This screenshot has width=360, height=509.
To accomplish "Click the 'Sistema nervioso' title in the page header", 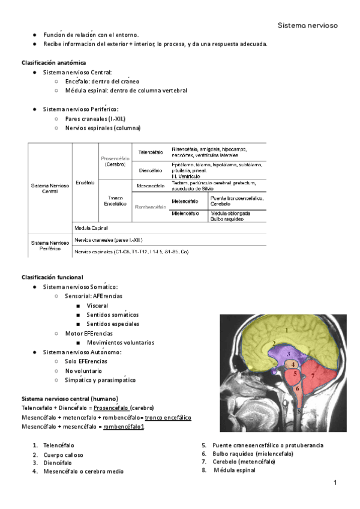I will click(308, 25).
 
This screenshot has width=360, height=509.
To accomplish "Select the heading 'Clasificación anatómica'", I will click(53, 62).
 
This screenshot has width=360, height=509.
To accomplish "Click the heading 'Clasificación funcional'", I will click(52, 277).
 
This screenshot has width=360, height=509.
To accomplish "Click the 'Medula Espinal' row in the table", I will click(91, 228).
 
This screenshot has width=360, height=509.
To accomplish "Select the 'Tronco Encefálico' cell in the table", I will click(115, 200).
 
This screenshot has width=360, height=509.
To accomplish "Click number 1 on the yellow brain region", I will click(287, 330).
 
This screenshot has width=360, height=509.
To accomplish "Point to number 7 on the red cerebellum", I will click(313, 376).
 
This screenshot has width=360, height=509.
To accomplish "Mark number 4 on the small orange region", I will click(292, 364).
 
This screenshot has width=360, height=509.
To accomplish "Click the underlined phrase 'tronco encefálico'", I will click(169, 417).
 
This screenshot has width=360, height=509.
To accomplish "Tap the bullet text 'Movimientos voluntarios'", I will click(120, 343).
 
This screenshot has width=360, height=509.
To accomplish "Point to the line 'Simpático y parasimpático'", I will click(100, 380).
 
